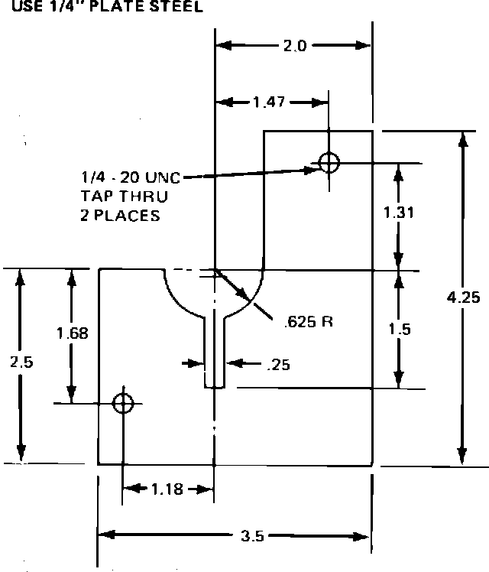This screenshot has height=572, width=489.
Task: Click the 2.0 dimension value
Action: [294, 46]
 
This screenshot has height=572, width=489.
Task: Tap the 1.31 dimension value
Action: [399, 213]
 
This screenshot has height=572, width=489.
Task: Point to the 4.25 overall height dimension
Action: [464, 297]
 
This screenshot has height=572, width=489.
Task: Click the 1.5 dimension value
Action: [399, 330]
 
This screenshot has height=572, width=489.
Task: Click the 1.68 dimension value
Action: [73, 333]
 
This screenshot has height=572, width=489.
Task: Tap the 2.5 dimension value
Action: [21, 362]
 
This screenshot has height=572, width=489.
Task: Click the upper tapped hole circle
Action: [329, 162]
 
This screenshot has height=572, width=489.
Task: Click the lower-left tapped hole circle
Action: [122, 403]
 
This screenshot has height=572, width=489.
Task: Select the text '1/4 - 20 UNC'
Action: [131, 177]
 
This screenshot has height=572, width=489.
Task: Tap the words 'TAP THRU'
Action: [124, 196]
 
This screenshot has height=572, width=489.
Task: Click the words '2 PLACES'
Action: [120, 216]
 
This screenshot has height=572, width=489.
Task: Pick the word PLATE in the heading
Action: [122, 7]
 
